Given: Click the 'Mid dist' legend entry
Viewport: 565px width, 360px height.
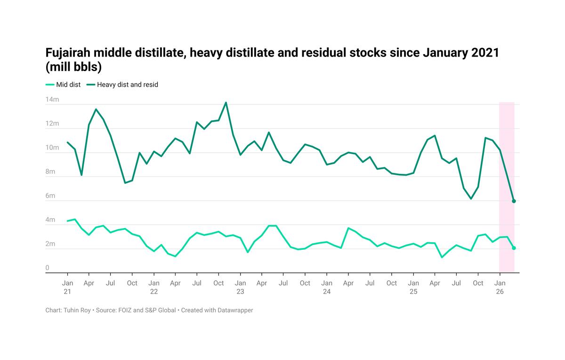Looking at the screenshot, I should (63, 85).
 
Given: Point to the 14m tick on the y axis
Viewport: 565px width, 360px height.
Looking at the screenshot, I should (52, 100).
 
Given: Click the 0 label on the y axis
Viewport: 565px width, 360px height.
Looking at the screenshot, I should (48, 268).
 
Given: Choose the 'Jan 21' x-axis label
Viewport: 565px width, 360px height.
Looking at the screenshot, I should (67, 287).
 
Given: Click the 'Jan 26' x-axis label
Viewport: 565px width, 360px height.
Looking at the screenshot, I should (500, 287).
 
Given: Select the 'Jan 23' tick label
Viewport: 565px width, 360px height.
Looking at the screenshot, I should (240, 287).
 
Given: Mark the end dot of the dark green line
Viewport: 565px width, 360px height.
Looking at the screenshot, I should (514, 201).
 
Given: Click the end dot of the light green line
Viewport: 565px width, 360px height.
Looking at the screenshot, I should (514, 248).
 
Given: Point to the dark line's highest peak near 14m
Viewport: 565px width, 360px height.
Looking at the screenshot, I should (226, 102).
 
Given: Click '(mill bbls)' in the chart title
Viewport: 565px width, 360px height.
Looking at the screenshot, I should (73, 67).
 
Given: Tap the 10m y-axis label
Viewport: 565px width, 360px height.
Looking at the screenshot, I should (52, 148).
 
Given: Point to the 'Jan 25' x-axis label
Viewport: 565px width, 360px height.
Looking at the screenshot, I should (413, 287).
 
